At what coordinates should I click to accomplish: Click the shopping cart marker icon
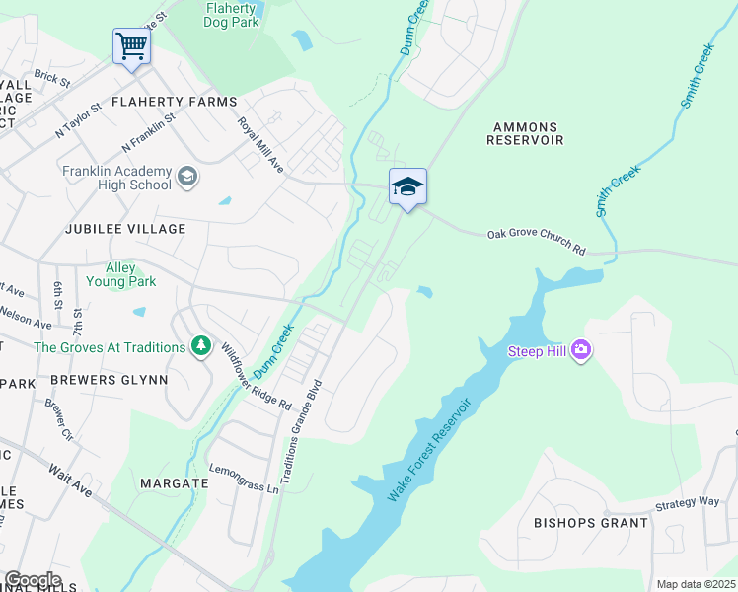(x=131, y=46)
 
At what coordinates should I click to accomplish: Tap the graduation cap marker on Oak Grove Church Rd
(x=406, y=186)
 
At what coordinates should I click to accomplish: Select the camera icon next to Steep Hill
(x=580, y=350)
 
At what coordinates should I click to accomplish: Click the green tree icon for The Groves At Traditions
(x=201, y=346)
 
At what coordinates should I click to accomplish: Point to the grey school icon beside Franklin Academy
(x=186, y=178)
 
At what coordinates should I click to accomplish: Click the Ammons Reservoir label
(x=525, y=134)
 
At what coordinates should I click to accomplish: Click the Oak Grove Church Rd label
(x=536, y=243)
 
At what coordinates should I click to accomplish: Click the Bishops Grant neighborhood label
(x=591, y=522)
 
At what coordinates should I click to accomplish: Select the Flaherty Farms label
(x=174, y=102)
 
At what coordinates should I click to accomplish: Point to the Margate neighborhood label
(x=174, y=483)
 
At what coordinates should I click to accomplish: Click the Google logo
(x=32, y=580)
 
